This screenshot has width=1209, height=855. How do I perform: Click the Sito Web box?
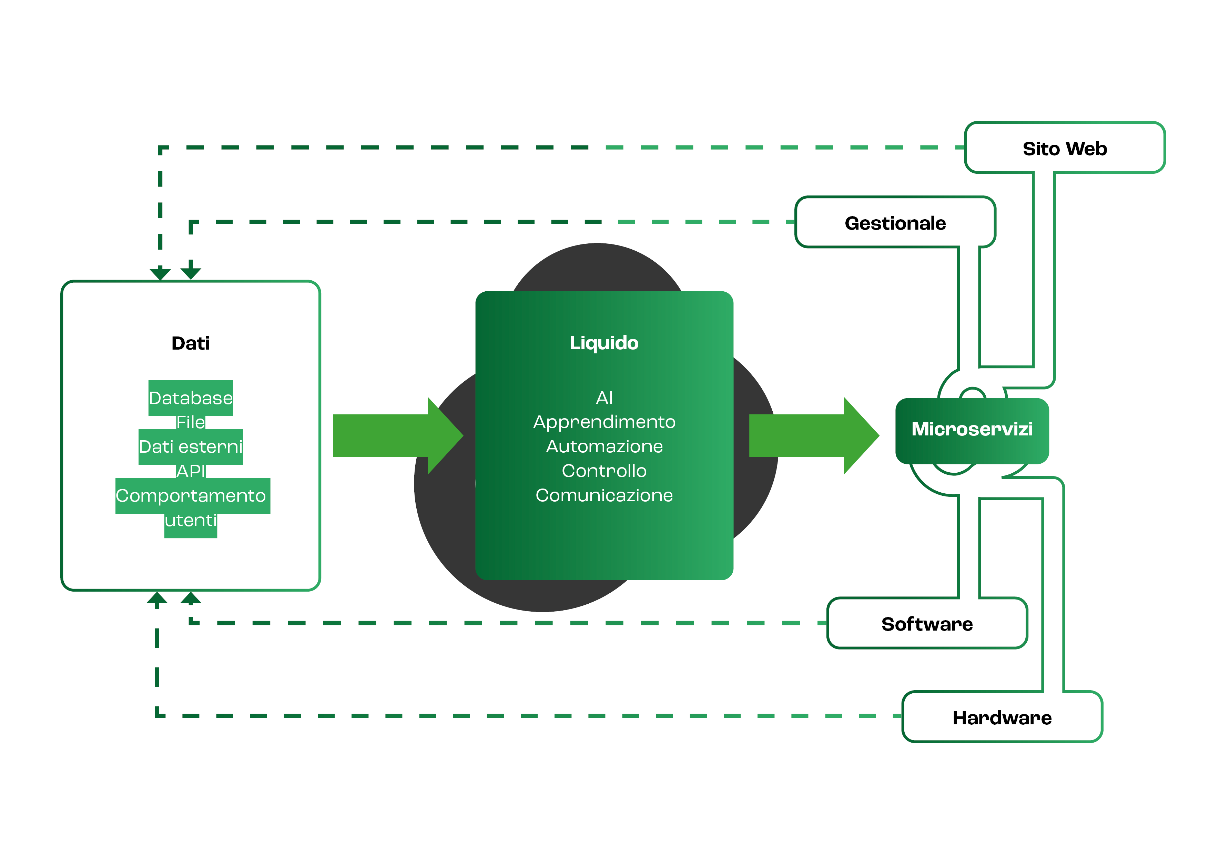[x=1064, y=148]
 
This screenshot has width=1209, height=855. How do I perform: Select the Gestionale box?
[x=895, y=223]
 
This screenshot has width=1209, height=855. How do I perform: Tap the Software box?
[x=927, y=624]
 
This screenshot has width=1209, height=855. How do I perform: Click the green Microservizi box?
[x=972, y=429]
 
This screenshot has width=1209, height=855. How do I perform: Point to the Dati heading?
[x=191, y=343]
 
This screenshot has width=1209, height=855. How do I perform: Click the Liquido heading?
[x=604, y=343]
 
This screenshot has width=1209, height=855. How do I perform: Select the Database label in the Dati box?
[x=191, y=398]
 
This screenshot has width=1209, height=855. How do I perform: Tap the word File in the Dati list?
[x=191, y=422]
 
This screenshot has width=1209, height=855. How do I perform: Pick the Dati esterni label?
[x=191, y=447]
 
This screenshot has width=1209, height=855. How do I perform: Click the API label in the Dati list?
[x=191, y=471]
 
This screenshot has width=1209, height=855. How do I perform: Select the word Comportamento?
[x=191, y=496]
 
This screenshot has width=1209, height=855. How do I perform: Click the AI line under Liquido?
[x=604, y=398]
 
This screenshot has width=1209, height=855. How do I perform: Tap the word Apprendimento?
[x=604, y=422]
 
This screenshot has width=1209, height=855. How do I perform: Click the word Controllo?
[x=604, y=471]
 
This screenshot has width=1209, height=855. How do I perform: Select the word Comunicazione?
[x=604, y=495]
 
